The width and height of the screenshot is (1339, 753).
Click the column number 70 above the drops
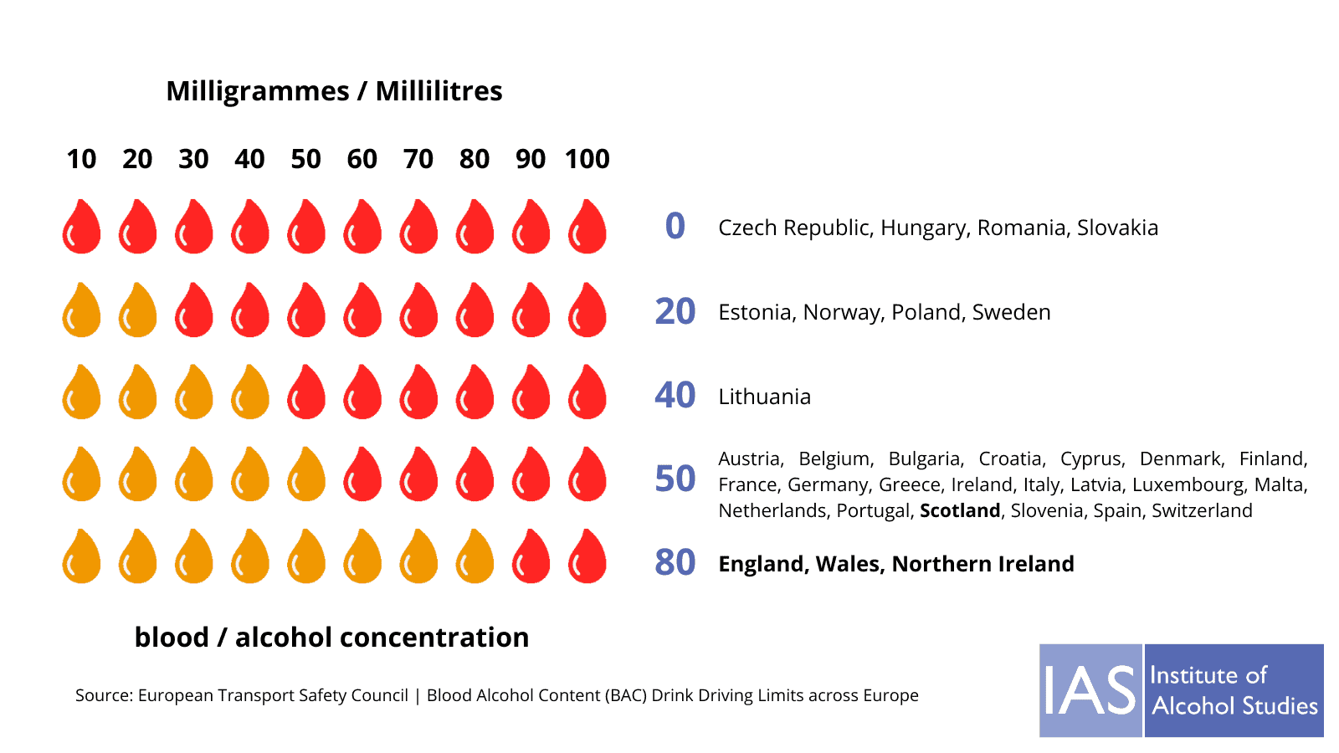point(418,159)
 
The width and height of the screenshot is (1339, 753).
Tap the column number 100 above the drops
point(587,159)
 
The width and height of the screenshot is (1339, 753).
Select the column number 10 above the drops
point(81,159)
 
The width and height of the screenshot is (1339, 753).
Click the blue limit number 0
point(675,227)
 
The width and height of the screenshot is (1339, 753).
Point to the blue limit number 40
point(675,395)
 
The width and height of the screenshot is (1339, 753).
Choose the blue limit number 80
point(675,562)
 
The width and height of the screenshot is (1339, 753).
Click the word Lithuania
point(764,397)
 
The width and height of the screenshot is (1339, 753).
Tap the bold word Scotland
point(960,510)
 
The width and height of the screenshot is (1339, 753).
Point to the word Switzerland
point(1202,510)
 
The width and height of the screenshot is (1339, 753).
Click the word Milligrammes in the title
point(258,91)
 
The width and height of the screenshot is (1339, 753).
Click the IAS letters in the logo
point(1090,691)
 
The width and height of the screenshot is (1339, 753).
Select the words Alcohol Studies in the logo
point(1234,706)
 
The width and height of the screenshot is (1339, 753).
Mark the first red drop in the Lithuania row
point(306,392)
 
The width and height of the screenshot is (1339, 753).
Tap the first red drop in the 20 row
point(194,310)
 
